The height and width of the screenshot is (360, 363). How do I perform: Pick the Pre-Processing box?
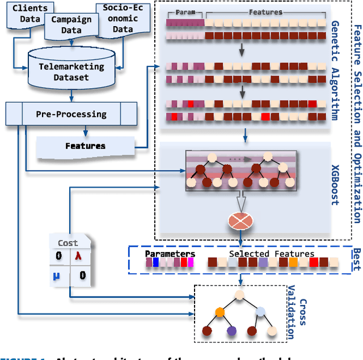click(x=71, y=114)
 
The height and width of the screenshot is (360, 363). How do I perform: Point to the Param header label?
click(x=185, y=11)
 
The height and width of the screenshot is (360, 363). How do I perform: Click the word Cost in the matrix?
click(x=68, y=242)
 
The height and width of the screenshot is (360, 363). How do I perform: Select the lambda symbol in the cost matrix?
click(x=79, y=256)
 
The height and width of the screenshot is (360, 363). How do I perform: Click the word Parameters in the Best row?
click(x=170, y=254)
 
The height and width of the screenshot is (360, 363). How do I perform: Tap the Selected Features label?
click(x=271, y=254)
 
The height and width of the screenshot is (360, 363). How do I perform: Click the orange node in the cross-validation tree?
click(x=220, y=311)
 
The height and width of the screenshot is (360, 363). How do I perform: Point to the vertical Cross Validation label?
click(x=297, y=318)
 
